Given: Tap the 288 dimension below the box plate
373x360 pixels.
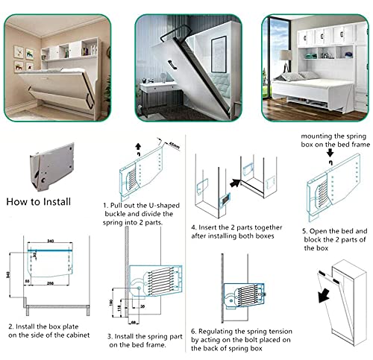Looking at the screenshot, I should click(x=50, y=284).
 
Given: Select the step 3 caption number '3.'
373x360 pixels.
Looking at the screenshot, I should click(x=109, y=335).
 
